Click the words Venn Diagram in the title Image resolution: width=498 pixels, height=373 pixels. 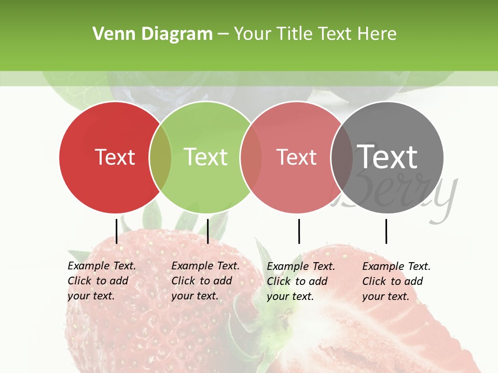[x=153, y=34]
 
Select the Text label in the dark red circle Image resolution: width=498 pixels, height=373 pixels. [x=115, y=157]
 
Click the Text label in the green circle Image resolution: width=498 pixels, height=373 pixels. [x=205, y=157]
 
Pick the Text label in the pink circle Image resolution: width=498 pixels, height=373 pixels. [x=296, y=157]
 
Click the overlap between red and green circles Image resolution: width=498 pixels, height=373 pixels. [x=160, y=157]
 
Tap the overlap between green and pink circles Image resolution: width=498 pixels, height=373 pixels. [x=251, y=157]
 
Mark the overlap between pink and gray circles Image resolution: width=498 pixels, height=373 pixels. [x=342, y=157]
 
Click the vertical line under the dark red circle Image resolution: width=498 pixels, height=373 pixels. [x=116, y=231]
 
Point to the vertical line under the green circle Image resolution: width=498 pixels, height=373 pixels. [x=208, y=231]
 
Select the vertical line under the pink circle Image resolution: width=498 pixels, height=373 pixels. [x=299, y=231]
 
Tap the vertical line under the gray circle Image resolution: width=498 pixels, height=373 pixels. [x=386, y=231]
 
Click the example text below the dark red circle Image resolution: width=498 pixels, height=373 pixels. [x=102, y=281]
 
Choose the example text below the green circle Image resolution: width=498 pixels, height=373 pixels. [x=205, y=281]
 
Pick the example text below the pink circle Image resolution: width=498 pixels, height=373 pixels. [x=301, y=281]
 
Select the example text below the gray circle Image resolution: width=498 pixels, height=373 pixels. [x=396, y=281]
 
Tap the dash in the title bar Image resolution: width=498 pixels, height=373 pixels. [x=223, y=35]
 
